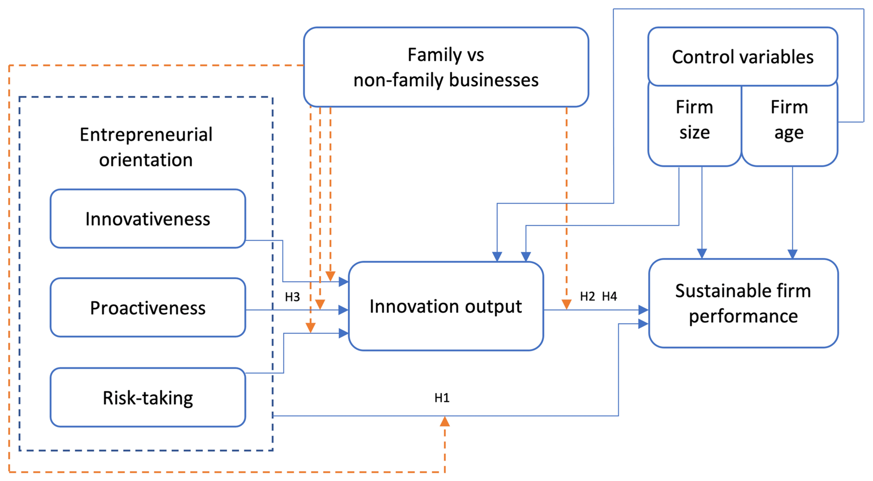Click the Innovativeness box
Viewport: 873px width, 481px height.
click(148, 219)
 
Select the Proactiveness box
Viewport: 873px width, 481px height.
click(148, 308)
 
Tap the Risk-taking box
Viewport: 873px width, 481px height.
click(148, 398)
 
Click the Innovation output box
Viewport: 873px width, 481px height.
click(446, 306)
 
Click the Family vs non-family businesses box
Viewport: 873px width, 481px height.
click(446, 67)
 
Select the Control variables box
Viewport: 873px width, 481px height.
click(743, 57)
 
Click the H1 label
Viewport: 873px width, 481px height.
click(442, 398)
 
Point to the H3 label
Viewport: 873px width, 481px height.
click(292, 297)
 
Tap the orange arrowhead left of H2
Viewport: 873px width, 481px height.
click(566, 304)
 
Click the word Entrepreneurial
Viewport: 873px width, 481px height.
click(146, 135)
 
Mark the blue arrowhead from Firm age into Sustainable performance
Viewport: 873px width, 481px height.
click(792, 254)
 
